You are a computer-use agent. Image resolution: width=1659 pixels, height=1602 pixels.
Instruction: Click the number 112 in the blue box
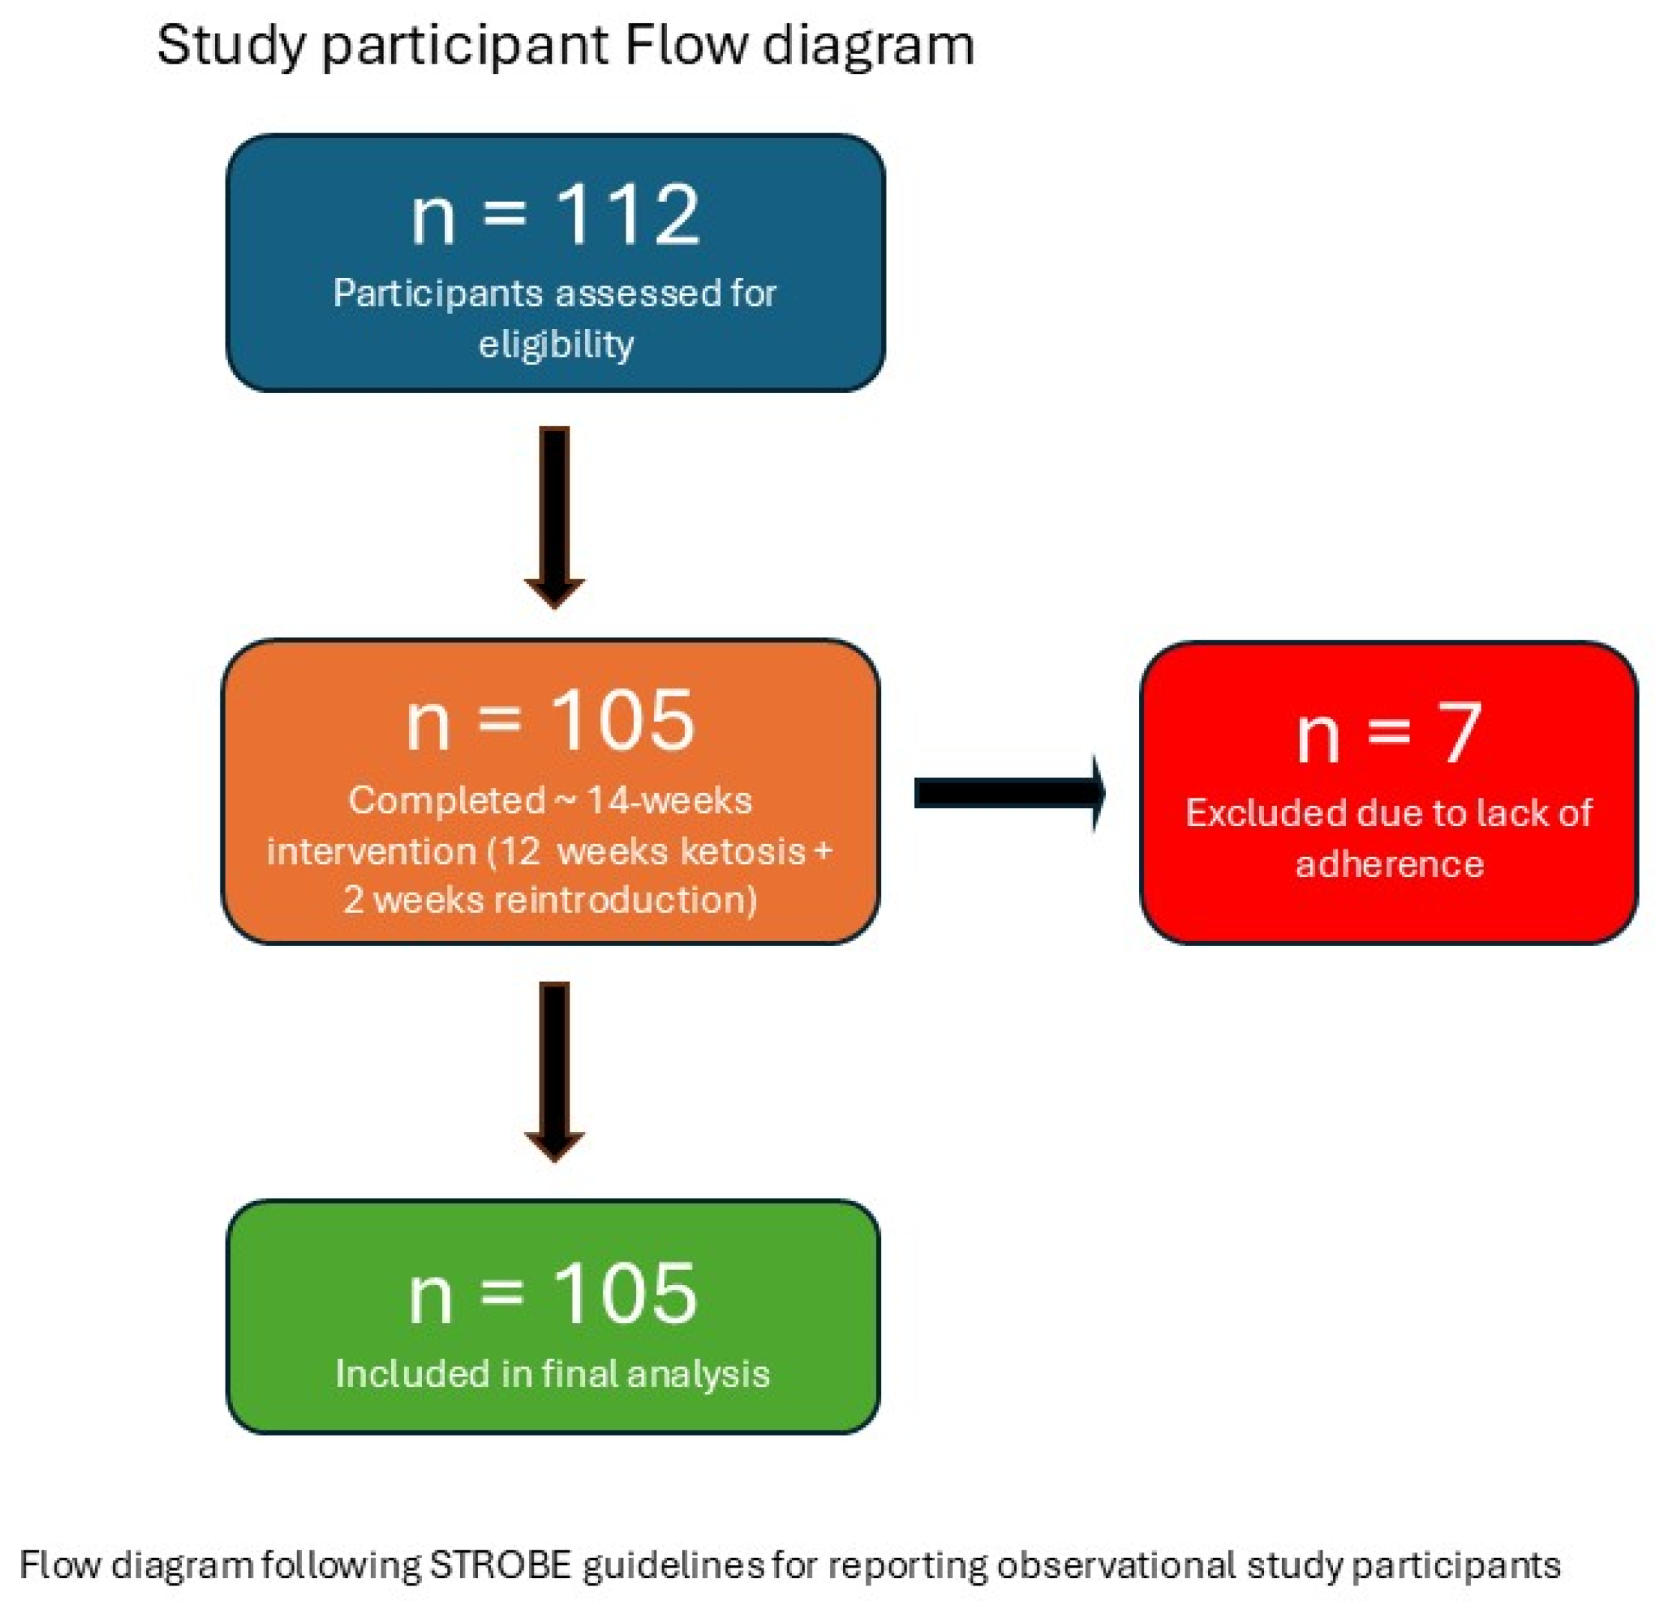coord(627,215)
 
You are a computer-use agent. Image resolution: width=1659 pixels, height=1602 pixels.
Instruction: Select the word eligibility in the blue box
coord(556,345)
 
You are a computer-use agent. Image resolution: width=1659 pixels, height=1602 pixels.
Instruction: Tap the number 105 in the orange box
coord(622,720)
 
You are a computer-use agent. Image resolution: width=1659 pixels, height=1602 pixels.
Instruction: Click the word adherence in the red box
coord(1389,864)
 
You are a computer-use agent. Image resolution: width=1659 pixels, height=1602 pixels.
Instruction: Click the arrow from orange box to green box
coord(554,1070)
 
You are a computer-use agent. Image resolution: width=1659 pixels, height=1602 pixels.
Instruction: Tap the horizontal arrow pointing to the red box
coord(1010,793)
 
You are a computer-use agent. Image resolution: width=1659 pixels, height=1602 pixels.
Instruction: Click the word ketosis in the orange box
coord(743,851)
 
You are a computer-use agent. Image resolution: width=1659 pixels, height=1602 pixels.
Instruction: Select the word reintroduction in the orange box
coord(626,900)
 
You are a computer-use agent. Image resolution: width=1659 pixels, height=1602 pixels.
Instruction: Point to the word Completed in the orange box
coord(447,801)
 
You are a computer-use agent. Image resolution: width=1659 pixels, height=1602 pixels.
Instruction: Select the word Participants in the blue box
coord(438,294)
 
